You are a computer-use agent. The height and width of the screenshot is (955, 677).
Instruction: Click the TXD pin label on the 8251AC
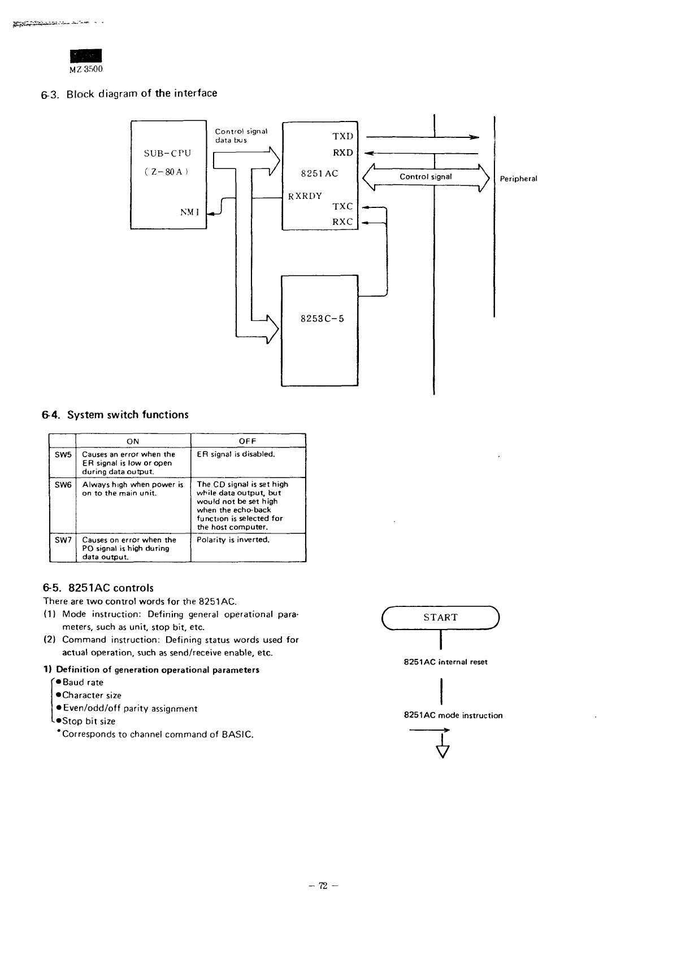click(x=342, y=136)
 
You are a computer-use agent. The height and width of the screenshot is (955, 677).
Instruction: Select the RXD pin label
click(x=342, y=153)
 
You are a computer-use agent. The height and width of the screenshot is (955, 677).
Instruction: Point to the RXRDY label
click(x=305, y=196)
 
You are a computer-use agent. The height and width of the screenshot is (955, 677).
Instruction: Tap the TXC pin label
click(x=342, y=207)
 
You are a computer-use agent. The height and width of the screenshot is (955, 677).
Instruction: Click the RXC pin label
click(x=342, y=222)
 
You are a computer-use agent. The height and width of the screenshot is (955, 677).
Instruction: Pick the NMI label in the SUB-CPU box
click(x=188, y=212)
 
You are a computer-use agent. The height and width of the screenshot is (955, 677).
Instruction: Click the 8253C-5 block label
click(x=322, y=319)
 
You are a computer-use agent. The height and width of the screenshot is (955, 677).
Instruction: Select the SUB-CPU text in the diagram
click(x=168, y=153)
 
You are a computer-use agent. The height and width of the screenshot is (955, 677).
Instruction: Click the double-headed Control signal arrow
click(x=426, y=177)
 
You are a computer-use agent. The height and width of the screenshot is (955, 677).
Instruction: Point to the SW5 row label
click(x=63, y=454)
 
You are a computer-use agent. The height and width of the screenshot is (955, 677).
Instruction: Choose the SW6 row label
click(x=63, y=484)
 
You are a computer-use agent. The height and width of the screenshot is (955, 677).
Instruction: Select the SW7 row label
click(x=63, y=540)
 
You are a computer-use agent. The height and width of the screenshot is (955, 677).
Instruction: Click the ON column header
click(x=133, y=441)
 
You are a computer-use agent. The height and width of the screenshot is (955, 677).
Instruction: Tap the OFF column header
click(x=248, y=441)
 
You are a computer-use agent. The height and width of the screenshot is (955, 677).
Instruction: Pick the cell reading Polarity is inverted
click(x=233, y=540)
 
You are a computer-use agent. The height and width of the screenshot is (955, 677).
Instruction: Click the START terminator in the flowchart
click(x=440, y=618)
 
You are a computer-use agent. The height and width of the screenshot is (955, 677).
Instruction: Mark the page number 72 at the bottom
click(x=323, y=885)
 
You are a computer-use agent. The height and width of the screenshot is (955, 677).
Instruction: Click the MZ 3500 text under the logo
click(x=85, y=70)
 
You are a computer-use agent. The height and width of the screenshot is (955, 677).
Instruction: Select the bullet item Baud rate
click(x=83, y=683)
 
